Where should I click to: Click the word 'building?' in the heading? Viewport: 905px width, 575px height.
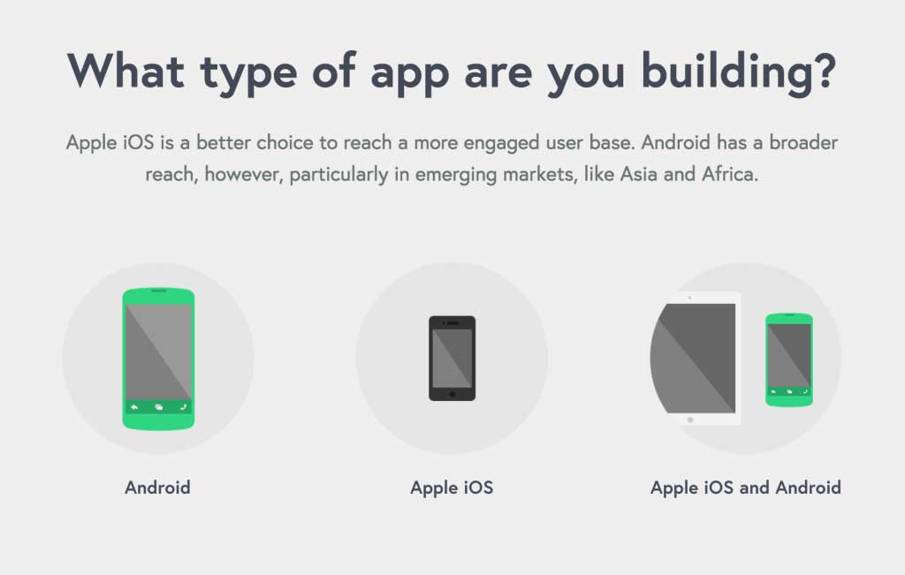click(x=738, y=72)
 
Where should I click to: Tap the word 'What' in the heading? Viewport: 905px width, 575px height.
click(x=125, y=71)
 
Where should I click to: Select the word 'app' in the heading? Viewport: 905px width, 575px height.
click(x=409, y=77)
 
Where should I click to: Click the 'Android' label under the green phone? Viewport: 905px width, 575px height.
click(x=157, y=488)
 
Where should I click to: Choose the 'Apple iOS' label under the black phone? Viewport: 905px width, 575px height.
click(x=452, y=488)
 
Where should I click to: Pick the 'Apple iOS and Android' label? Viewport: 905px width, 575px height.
click(x=746, y=488)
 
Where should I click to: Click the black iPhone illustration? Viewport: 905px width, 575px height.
click(x=452, y=358)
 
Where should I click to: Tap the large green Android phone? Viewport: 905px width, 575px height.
click(x=158, y=359)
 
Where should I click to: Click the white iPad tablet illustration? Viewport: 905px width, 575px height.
click(x=696, y=359)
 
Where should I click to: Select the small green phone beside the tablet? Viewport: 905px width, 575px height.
click(x=789, y=359)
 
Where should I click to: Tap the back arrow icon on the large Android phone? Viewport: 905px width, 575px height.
click(x=134, y=407)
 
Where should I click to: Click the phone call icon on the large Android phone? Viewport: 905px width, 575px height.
click(x=183, y=407)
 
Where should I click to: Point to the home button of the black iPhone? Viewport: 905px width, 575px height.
click(x=452, y=395)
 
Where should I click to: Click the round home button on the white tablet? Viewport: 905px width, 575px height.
click(x=689, y=420)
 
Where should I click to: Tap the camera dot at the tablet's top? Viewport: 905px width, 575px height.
click(x=689, y=298)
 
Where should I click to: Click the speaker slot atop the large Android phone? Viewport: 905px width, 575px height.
click(x=159, y=291)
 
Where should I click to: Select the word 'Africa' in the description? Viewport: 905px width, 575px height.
click(x=729, y=174)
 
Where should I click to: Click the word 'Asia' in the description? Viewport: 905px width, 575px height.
click(x=638, y=174)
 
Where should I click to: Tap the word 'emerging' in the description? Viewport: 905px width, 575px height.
click(x=456, y=175)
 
